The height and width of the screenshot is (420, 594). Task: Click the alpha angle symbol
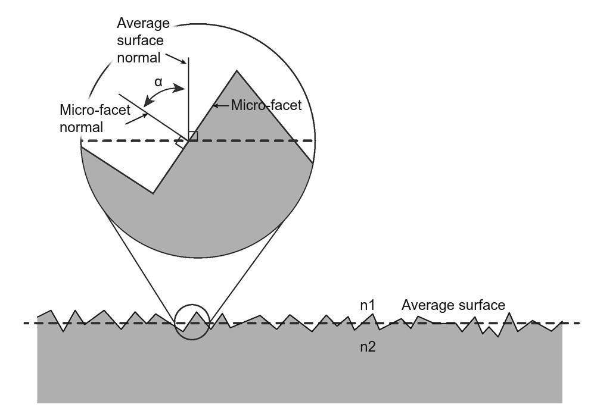[x=158, y=82]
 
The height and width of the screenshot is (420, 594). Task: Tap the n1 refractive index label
[x=368, y=305]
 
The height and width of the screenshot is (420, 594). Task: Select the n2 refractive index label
[x=368, y=346]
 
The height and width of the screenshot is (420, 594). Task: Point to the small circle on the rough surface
[x=192, y=322]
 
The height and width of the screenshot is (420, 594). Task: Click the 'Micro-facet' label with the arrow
[x=266, y=105]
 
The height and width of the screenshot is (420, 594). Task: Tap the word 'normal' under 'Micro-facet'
[x=82, y=127]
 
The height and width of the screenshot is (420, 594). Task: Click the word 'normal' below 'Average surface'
[x=138, y=58]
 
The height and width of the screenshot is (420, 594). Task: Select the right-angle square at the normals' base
[x=193, y=136]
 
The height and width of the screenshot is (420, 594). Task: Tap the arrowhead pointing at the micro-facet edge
[x=215, y=106]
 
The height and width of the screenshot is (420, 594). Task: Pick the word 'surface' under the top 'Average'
[x=141, y=40]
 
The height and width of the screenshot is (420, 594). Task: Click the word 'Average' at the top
[x=144, y=23]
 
